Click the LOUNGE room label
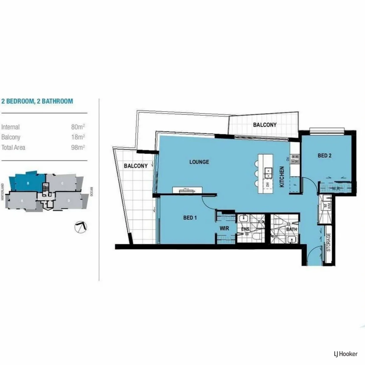coord(199,162)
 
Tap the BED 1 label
coord(190,218)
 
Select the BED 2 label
coord(324,155)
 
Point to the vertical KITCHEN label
coord(282,177)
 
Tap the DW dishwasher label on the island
coord(267,185)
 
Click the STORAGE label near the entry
coord(328,242)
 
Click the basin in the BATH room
coord(291,239)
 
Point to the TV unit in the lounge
coord(187,190)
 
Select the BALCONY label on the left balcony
coord(136,166)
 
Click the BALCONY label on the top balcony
coord(265,125)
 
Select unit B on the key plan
coord(29,182)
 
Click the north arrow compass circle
coord(81,227)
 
